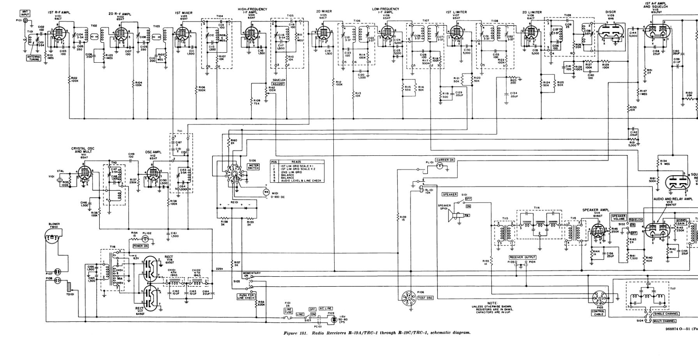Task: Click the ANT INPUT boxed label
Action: [25, 13]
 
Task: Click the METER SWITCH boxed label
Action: [253, 166]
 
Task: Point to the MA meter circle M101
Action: [266, 192]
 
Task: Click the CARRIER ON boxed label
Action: [445, 160]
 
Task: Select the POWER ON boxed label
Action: [141, 246]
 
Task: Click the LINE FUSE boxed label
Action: [288, 311]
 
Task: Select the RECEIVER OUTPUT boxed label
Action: [522, 257]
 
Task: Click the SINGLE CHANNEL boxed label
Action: [666, 314]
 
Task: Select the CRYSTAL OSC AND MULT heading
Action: [83, 150]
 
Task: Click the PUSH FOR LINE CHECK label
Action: [246, 296]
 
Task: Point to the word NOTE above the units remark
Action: [492, 303]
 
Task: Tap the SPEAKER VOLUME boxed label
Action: [618, 217]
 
